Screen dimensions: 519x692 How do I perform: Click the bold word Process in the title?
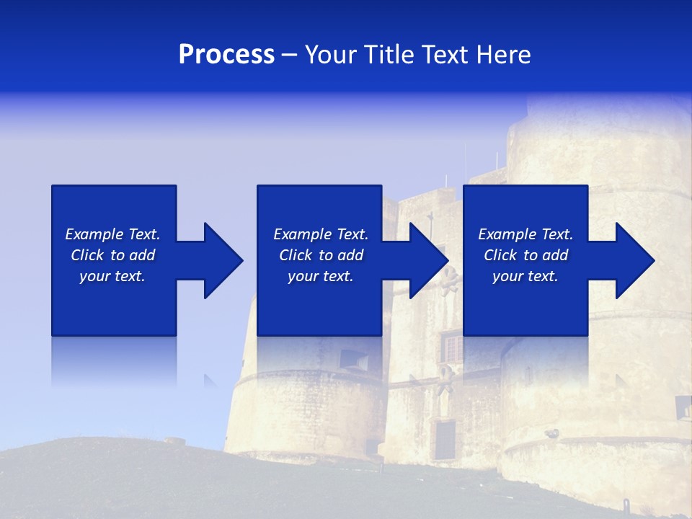click(x=226, y=55)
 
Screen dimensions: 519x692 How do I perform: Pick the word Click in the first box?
click(x=87, y=255)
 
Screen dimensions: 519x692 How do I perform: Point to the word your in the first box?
click(x=94, y=276)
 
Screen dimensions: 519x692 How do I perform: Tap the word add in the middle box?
click(x=350, y=255)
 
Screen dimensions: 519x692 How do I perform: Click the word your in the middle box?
click(x=303, y=276)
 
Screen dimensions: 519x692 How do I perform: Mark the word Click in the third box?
click(x=500, y=255)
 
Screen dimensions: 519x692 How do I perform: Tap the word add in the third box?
click(x=555, y=255)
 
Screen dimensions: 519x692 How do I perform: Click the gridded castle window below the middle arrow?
click(x=451, y=349)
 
